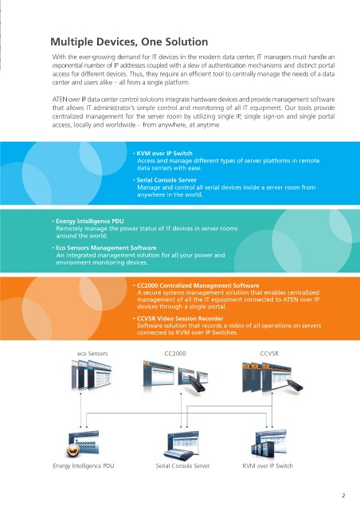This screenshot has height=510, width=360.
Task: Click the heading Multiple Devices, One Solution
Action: (x=129, y=42)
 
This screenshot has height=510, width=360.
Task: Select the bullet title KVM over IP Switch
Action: (x=165, y=153)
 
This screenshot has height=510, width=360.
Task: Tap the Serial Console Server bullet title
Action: (x=166, y=180)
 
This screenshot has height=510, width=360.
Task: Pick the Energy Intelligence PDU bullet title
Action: (x=90, y=222)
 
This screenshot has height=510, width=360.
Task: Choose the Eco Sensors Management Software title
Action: (x=106, y=248)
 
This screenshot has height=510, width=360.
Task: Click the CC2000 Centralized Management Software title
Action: (x=198, y=285)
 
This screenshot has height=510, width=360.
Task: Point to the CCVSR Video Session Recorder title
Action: (x=180, y=319)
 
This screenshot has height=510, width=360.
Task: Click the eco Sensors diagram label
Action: (x=92, y=354)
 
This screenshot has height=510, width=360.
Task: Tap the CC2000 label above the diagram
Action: (x=175, y=354)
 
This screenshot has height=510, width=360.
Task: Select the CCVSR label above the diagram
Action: (x=269, y=354)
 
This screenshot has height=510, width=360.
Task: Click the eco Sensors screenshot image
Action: (x=92, y=375)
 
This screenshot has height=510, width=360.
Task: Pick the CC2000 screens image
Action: (x=175, y=375)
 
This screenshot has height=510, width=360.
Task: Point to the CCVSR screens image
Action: (x=272, y=377)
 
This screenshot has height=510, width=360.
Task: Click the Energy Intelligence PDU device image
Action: (x=83, y=443)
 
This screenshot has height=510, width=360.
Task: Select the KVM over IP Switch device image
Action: (x=268, y=443)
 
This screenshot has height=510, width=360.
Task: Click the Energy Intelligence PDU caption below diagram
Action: (x=84, y=465)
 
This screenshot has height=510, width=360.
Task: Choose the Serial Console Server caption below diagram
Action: (x=182, y=465)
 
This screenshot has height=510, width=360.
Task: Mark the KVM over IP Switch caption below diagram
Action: (x=268, y=465)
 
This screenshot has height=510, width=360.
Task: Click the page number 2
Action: (x=343, y=496)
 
